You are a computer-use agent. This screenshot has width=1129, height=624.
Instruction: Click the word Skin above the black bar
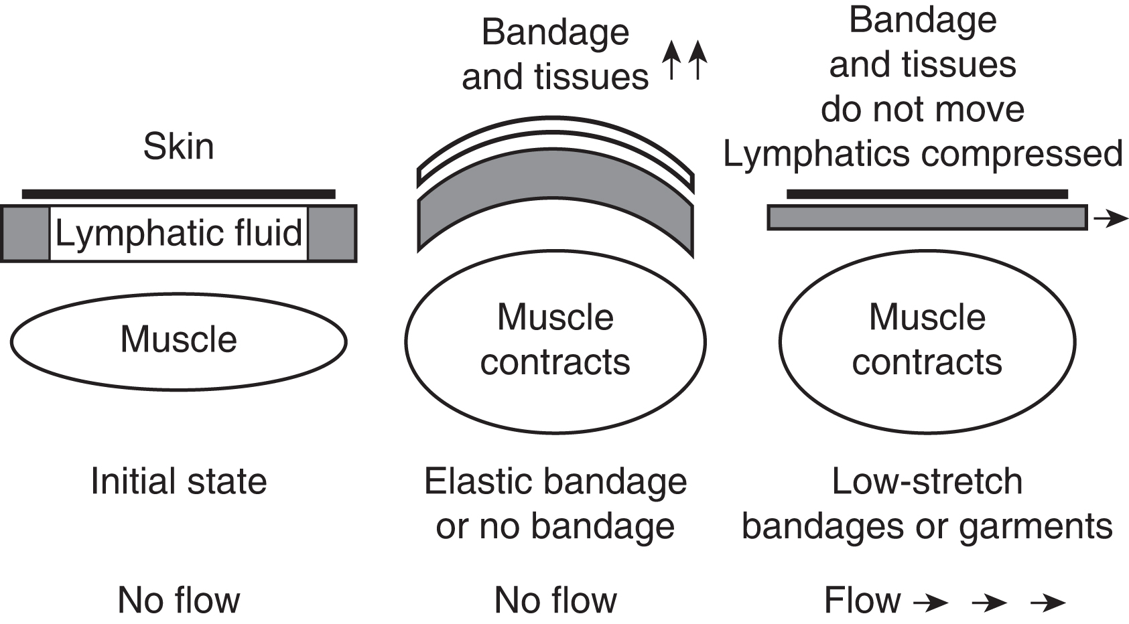coord(178,147)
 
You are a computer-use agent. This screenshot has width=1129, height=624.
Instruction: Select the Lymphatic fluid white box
coord(178,233)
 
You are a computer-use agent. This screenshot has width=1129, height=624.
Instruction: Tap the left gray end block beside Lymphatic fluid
coord(25,233)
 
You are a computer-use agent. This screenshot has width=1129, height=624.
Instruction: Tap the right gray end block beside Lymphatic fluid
coord(332,233)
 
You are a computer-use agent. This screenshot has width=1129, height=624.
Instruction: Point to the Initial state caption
coord(178,481)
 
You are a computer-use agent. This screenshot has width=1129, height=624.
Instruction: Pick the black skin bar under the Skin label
coord(178,194)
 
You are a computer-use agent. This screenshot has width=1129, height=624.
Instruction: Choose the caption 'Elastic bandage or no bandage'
coord(555,503)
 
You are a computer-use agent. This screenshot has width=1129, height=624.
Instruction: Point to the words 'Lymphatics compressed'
coord(923,154)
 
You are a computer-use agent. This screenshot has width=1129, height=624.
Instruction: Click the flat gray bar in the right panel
coord(927,218)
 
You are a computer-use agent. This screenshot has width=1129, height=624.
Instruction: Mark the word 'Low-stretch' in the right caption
coord(927,481)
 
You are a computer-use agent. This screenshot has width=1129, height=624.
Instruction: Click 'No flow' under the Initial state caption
coord(178,600)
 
